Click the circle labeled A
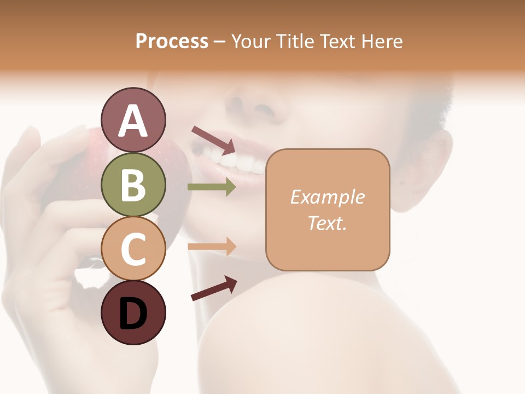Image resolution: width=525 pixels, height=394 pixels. [133, 120]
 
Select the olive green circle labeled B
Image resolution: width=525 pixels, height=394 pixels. [133, 184]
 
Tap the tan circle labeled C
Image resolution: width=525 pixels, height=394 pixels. [133, 248]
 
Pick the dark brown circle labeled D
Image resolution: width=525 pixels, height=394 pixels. [133, 312]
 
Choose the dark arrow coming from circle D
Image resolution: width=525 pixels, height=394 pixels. [214, 288]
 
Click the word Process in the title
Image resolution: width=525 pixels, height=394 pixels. [172, 42]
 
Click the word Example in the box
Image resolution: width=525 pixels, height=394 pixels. [327, 197]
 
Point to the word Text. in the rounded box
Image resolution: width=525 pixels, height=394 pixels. [327, 223]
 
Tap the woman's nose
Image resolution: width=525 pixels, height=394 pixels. [257, 107]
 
